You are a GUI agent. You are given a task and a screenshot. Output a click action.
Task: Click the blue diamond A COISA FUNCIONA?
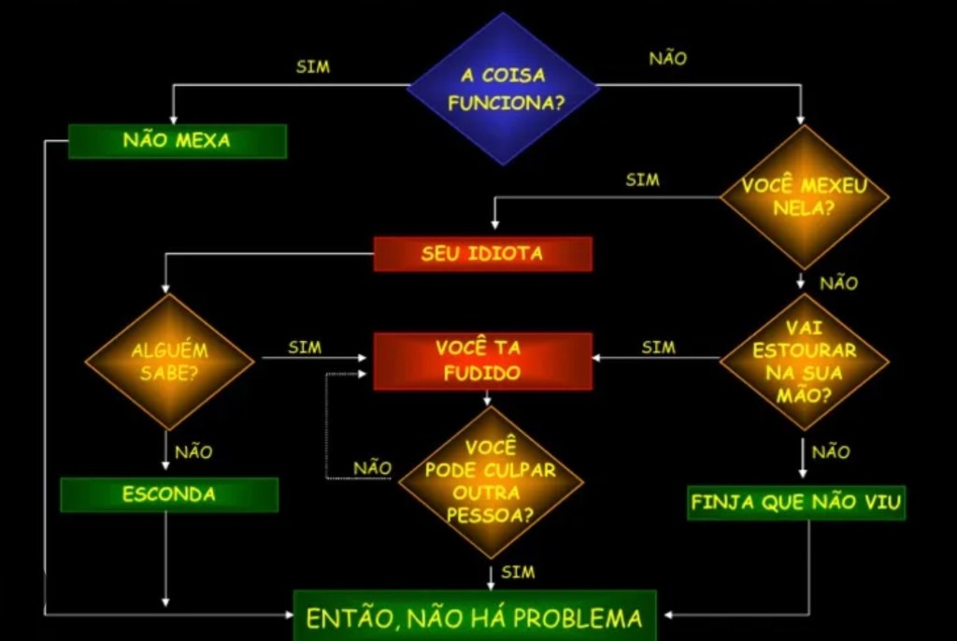pyautogui.click(x=503, y=89)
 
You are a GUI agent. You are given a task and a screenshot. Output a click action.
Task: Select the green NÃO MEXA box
pyautogui.click(x=177, y=141)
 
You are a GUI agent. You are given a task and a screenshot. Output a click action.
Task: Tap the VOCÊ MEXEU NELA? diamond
pyautogui.click(x=804, y=196)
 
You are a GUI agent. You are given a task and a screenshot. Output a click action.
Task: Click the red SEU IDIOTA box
pyautogui.click(x=482, y=253)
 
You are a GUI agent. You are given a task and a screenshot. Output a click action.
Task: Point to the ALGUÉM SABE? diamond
pyautogui.click(x=169, y=362)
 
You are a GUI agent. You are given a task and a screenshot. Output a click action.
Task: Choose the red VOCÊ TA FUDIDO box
pyautogui.click(x=483, y=361)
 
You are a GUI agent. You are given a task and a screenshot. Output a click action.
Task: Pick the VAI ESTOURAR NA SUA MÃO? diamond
pyautogui.click(x=804, y=362)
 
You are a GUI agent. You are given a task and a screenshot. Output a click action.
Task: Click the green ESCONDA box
pyautogui.click(x=169, y=494)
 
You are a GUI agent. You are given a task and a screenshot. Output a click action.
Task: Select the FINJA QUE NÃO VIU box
pyautogui.click(x=796, y=503)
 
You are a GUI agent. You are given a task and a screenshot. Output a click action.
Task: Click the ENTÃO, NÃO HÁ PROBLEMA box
pyautogui.click(x=475, y=617)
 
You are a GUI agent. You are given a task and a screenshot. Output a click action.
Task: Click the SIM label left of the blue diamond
pyautogui.click(x=312, y=67)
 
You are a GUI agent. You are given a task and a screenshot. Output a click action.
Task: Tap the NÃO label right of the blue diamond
pyautogui.click(x=667, y=58)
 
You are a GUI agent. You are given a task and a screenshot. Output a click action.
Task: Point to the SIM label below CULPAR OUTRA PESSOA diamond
pyautogui.click(x=518, y=571)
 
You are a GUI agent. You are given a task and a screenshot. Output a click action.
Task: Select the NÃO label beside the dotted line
pyautogui.click(x=372, y=467)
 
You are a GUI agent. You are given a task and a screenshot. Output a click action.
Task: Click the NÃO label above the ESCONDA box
pyautogui.click(x=193, y=452)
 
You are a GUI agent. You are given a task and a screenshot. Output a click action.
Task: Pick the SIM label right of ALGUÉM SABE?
pyautogui.click(x=305, y=348)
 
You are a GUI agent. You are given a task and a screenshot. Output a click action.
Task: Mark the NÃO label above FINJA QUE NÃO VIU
pyautogui.click(x=831, y=452)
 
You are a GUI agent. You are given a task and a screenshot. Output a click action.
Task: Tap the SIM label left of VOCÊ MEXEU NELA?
pyautogui.click(x=642, y=179)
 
